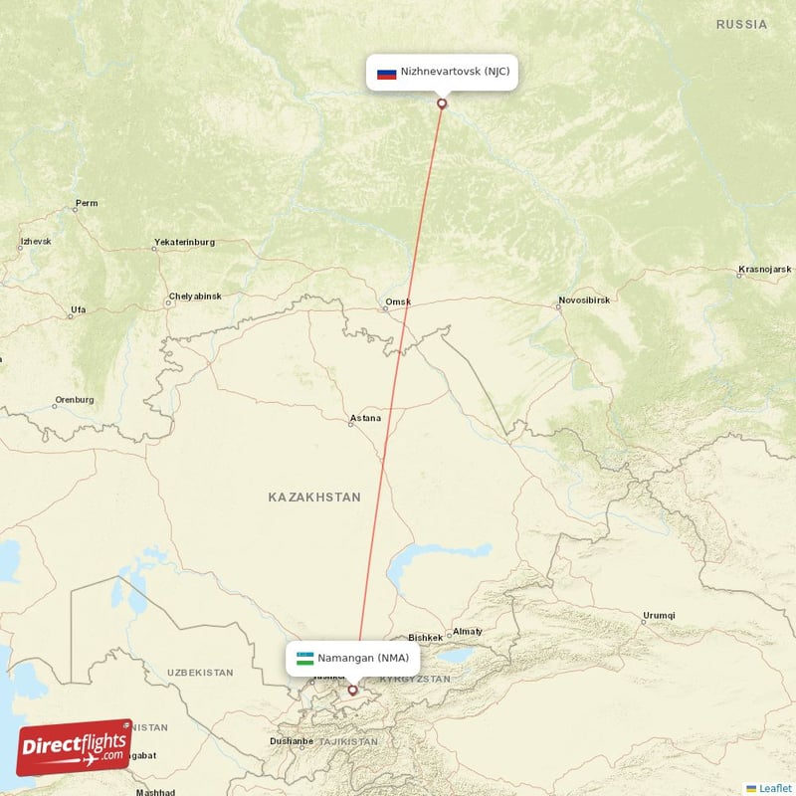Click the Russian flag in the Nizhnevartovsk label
[x=387, y=73]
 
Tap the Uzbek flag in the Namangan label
[x=304, y=658]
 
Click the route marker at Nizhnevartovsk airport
[x=442, y=102]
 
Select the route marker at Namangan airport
[x=352, y=689]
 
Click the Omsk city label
[x=398, y=301]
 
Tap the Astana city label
[x=365, y=419]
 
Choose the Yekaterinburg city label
[x=184, y=243]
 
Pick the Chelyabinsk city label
[x=195, y=297]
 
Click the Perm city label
[x=87, y=204]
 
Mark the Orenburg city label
[x=75, y=400]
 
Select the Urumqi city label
[x=659, y=615]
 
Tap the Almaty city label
[x=467, y=632]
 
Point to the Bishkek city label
[x=425, y=638]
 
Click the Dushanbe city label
[x=292, y=741]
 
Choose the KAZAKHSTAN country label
[x=314, y=497]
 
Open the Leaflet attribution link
[x=775, y=788]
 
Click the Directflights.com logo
[x=75, y=747]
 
